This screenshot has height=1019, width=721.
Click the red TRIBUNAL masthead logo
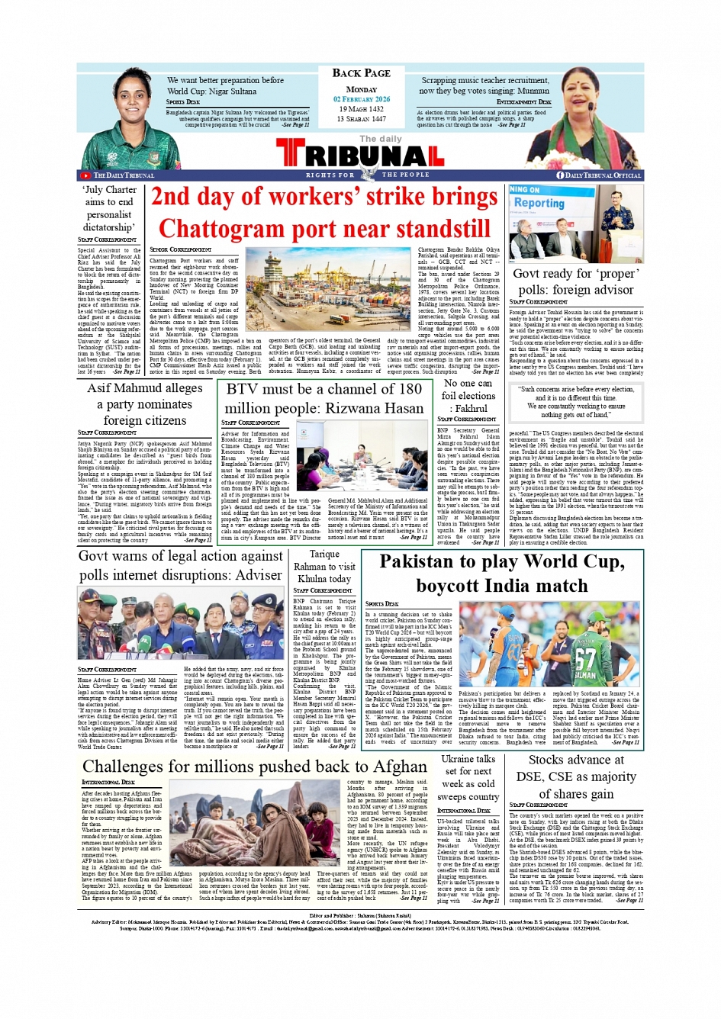pos(360,156)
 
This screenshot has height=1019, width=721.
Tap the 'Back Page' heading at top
pos(361,73)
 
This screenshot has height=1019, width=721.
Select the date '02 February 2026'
pos(361,99)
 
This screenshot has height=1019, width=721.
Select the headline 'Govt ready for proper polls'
pos(576,281)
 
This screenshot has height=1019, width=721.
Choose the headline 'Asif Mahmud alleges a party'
pos(145,403)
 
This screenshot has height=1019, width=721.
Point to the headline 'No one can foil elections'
pos(468,396)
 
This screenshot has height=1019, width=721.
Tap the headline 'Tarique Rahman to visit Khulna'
pos(324,566)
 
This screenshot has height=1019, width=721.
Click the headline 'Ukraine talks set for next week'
pos(468,777)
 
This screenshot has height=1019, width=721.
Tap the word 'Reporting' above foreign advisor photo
pos(539,204)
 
